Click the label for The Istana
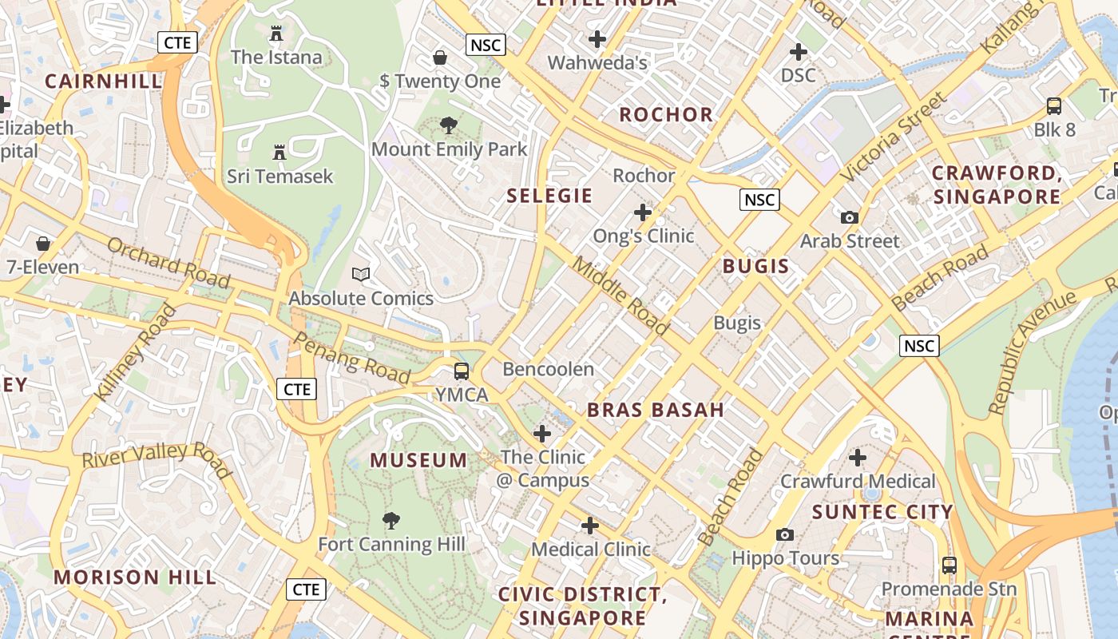click(276, 58)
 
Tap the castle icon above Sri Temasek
click(279, 152)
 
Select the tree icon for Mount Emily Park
click(449, 125)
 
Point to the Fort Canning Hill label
click(391, 545)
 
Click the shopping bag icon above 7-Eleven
click(43, 243)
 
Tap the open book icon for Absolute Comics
click(361, 275)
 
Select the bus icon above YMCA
click(462, 371)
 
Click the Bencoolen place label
click(548, 369)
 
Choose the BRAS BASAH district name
click(656, 411)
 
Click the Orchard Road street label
click(168, 263)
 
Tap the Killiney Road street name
click(135, 352)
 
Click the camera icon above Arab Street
click(850, 217)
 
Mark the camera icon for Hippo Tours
click(785, 534)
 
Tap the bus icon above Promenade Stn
click(949, 565)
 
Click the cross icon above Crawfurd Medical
click(858, 458)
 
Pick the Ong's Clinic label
click(643, 236)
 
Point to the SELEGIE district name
click(549, 196)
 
